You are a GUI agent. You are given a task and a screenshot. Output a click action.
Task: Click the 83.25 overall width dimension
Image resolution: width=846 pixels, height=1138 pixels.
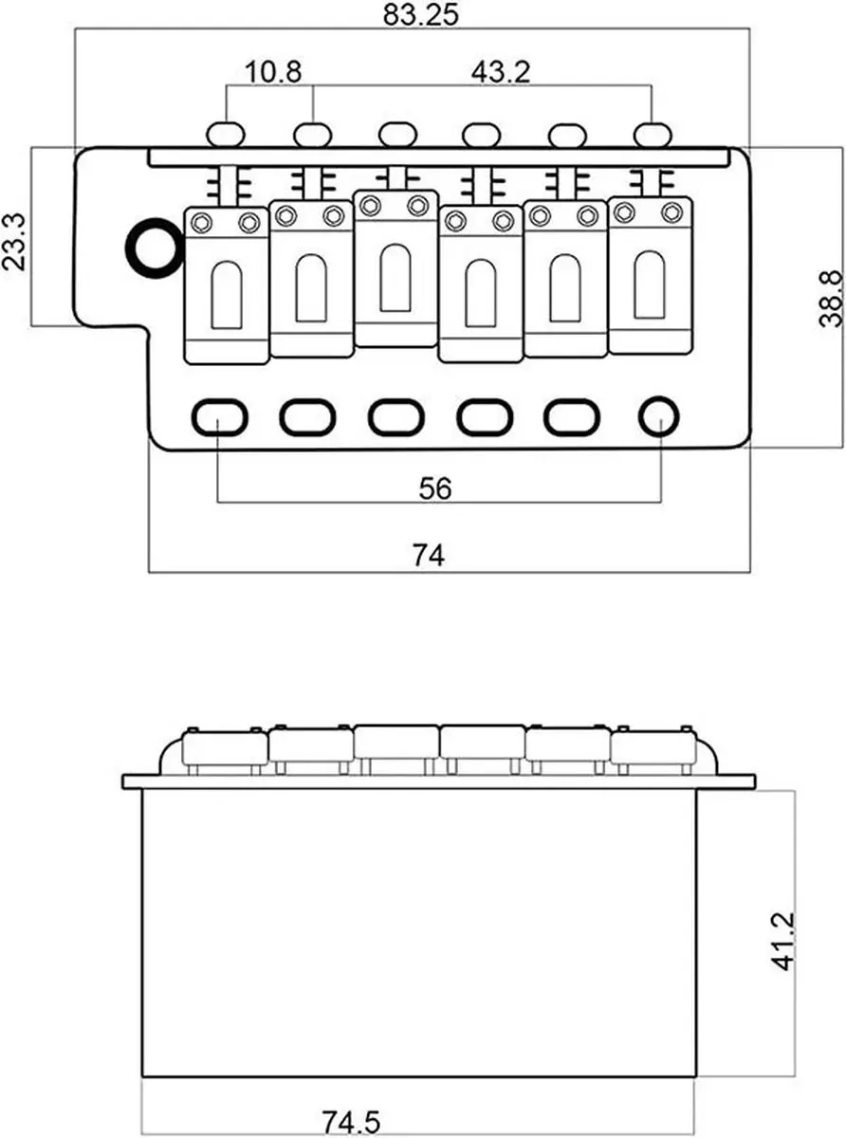(x=420, y=15)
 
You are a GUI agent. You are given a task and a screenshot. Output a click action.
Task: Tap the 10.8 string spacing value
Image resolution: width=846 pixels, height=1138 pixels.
(x=273, y=72)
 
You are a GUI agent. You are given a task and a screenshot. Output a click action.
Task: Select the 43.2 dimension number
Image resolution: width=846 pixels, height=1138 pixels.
(x=501, y=72)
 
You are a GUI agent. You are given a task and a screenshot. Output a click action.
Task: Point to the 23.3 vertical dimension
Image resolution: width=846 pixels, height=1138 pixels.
(x=14, y=242)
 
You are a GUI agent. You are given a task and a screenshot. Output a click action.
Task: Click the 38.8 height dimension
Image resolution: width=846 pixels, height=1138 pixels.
(x=831, y=299)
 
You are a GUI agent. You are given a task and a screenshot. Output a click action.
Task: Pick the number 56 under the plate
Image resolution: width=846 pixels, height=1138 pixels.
(x=435, y=488)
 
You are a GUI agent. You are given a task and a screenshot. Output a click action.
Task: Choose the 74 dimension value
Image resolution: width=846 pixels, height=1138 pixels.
(x=429, y=555)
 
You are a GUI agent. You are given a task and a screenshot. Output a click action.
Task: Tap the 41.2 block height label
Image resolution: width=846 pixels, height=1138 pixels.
(x=783, y=942)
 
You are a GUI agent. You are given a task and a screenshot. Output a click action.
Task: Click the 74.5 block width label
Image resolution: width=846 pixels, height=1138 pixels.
(x=351, y=1122)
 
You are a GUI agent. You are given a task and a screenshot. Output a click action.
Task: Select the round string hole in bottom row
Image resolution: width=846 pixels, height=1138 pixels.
(x=659, y=416)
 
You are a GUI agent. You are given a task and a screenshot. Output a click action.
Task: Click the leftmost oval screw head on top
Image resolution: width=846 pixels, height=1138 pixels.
(x=226, y=135)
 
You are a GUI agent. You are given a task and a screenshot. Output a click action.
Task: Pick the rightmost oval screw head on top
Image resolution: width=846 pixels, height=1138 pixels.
(x=653, y=135)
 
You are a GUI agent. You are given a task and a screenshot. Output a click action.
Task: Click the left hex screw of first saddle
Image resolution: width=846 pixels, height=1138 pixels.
(x=202, y=223)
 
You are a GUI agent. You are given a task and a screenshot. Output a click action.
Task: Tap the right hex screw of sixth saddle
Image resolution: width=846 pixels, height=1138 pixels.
(x=672, y=212)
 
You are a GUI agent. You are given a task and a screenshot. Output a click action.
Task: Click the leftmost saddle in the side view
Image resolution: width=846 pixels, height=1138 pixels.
(x=226, y=747)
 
